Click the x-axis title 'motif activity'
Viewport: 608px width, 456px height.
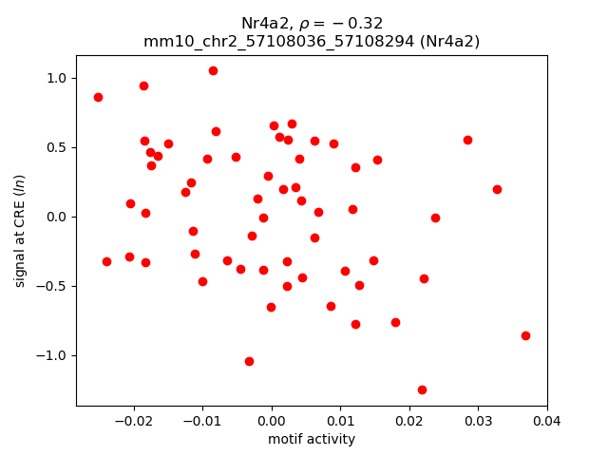(312, 439)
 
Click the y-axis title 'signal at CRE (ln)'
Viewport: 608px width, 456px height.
(20, 231)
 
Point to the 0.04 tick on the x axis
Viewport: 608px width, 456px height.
(547, 407)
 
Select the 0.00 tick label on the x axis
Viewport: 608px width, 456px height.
(272, 421)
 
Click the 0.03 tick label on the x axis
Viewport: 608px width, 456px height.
(478, 421)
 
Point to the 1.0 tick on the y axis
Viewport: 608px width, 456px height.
(77, 78)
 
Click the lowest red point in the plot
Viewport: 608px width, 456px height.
(422, 389)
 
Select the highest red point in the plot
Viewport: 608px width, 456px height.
(213, 70)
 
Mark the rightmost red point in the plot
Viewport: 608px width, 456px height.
(525, 335)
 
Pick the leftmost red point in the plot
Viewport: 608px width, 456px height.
(98, 97)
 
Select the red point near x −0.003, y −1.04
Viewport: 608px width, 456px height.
(249, 361)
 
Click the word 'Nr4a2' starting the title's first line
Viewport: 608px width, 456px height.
(261, 24)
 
